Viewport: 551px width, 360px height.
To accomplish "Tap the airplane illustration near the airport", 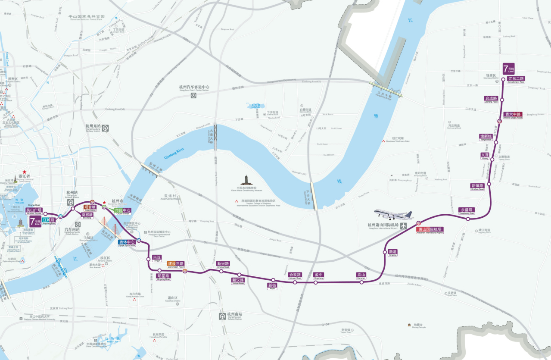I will (x=393, y=214).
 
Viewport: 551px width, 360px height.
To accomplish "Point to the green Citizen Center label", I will (x=122, y=211).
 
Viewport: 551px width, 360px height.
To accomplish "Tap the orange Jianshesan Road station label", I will (x=175, y=264).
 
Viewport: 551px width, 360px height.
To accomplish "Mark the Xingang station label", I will (x=392, y=252).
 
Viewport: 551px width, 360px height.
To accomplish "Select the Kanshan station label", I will (x=361, y=275).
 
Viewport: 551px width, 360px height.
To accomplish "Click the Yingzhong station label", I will (x=318, y=275).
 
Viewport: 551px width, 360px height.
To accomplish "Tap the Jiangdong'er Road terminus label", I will (x=516, y=79).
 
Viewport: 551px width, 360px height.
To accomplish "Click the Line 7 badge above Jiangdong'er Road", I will (x=508, y=69).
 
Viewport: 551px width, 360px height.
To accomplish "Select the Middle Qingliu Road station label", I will (x=513, y=115).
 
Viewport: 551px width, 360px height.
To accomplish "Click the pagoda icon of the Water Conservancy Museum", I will (x=246, y=180).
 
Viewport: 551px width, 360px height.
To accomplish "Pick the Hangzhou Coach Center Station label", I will (x=194, y=88).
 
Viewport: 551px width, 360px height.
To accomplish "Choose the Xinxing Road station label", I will (x=223, y=264).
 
